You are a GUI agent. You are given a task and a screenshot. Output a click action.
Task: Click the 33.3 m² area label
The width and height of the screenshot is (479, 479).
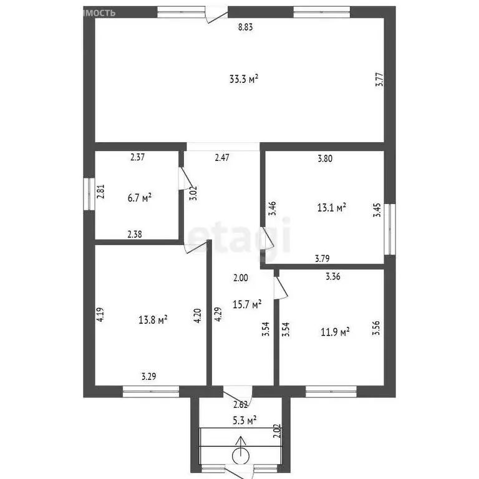[244, 79]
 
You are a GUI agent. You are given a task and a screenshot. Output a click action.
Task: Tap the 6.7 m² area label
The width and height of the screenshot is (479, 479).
[140, 198]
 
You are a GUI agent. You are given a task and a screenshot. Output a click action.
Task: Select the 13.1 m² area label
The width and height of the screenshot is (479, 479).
[332, 207]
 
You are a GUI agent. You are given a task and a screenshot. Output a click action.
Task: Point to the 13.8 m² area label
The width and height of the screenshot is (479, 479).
[153, 320]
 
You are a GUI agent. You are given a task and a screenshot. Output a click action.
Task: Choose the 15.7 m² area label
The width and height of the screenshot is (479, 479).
[247, 304]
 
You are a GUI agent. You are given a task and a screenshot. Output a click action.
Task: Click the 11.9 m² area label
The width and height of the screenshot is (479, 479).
[334, 331]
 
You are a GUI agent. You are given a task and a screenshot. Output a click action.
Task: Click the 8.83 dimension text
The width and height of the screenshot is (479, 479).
[246, 27]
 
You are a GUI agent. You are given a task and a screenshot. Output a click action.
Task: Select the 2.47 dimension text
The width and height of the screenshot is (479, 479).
[223, 158]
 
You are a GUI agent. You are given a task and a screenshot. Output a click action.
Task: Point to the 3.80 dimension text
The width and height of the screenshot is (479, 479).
[324, 158]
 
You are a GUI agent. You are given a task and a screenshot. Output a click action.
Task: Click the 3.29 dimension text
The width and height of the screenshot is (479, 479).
[148, 376]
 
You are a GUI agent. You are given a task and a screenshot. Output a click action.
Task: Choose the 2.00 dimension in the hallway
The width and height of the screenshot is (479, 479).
[241, 278]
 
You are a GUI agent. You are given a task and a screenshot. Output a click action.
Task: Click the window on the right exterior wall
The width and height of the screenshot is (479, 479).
[390, 229]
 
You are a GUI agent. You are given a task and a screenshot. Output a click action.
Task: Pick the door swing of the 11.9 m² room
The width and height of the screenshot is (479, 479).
[281, 288]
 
